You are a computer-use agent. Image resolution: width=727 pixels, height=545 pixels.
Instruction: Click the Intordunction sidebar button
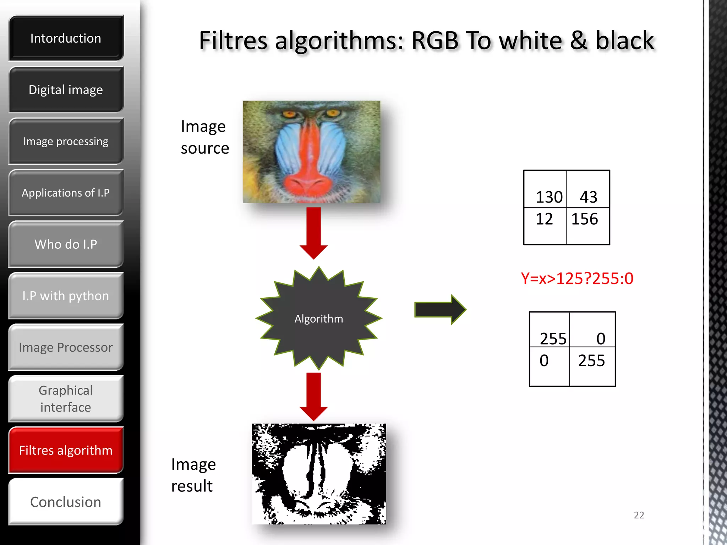[66, 38]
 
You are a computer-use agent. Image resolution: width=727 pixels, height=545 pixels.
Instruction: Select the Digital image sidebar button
[66, 90]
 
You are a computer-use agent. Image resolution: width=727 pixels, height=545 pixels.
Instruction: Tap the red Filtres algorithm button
[66, 450]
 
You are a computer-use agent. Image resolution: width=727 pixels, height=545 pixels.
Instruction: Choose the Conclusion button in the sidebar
[66, 502]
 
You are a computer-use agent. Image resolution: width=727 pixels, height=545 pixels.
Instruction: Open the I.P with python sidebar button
[66, 296]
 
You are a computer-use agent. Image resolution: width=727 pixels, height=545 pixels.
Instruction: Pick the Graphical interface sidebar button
[66, 399]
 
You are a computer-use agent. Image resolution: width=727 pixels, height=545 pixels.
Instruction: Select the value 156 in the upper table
[585, 219]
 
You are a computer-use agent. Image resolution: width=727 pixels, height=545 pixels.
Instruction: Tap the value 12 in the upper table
[544, 219]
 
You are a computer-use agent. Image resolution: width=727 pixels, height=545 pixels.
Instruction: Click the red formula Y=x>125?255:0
[577, 279]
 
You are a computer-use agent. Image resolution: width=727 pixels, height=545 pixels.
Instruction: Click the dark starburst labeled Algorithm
[319, 318]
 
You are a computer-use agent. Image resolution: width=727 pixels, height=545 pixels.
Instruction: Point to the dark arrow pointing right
[440, 309]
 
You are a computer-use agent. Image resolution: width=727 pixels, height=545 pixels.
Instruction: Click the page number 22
[639, 515]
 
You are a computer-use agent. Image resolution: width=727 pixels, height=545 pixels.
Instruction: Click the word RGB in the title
[435, 40]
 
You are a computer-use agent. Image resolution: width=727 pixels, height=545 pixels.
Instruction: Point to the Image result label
[193, 475]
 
